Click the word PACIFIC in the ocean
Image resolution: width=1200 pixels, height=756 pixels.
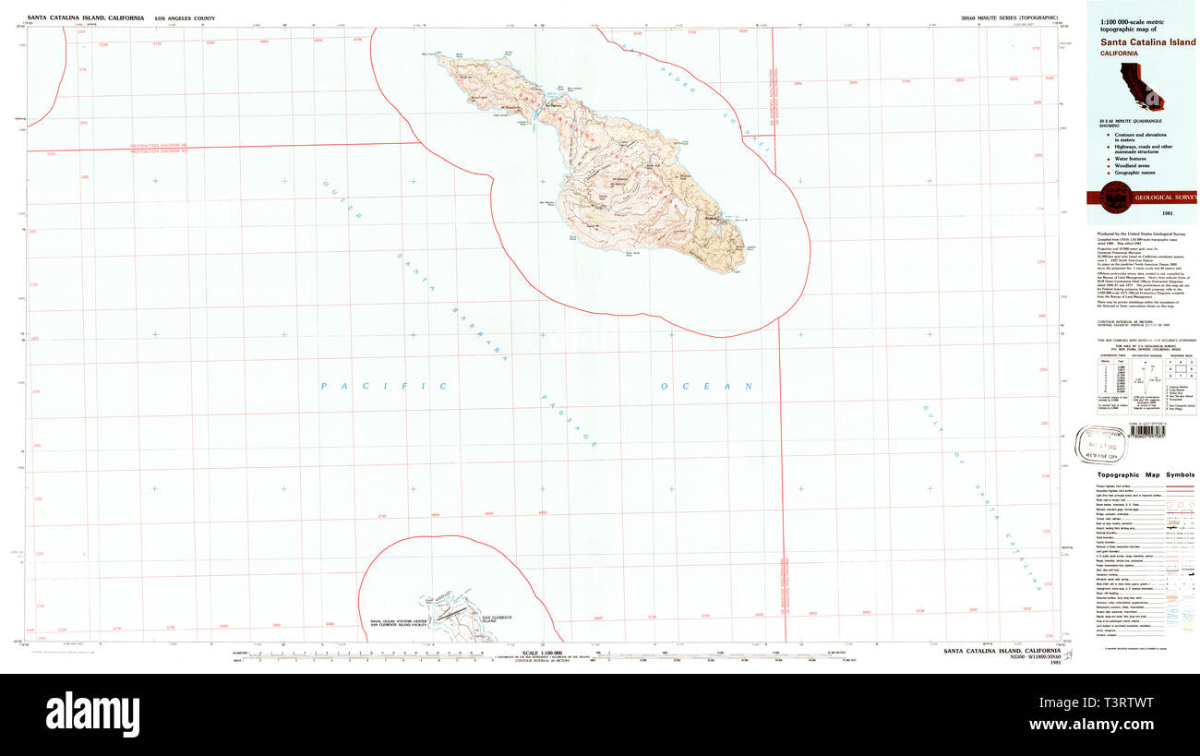click(383, 386)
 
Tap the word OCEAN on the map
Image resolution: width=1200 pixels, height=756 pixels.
click(707, 386)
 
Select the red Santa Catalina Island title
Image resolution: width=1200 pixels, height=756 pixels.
click(1145, 42)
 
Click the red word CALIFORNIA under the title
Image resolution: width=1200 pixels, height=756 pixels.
click(1118, 54)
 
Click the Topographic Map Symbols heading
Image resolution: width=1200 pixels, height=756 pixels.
click(1142, 474)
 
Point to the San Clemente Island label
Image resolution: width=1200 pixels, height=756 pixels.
click(497, 620)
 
